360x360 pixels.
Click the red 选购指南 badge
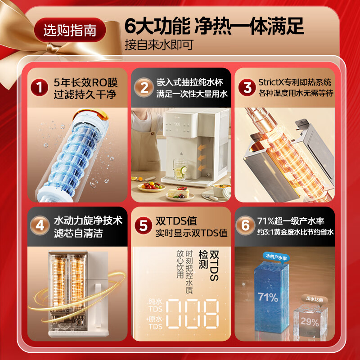70,30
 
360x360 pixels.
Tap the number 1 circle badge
40,87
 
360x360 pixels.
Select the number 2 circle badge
144,87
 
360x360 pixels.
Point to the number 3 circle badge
247,87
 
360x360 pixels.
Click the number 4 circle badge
40,225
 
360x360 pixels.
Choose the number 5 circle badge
144,225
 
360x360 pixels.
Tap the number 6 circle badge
245,225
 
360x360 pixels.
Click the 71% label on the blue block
268,297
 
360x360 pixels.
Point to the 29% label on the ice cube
310,322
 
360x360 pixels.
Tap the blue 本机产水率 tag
276,257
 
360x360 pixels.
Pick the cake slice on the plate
179,193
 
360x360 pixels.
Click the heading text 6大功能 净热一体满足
214,26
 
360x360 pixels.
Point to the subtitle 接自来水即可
159,45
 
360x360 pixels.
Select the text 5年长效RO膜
85,82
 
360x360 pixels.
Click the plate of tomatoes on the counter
151,186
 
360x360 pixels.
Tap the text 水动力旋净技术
88,220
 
